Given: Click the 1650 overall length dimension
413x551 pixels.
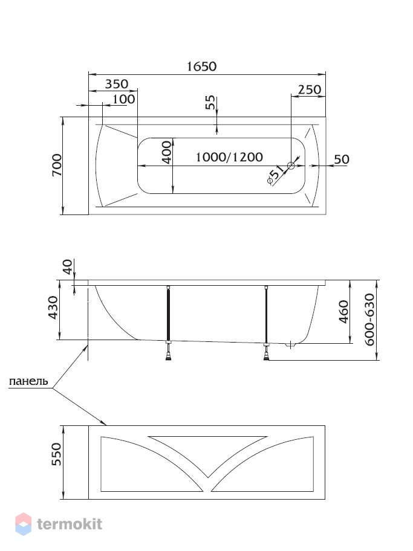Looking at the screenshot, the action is tap(201, 66).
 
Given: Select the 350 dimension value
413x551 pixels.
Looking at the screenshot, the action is tap(117, 84).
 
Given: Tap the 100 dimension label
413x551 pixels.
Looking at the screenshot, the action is tap(123, 99).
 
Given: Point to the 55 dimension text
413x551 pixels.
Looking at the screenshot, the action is tap(210, 103).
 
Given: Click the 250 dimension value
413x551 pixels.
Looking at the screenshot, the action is tap(310, 89).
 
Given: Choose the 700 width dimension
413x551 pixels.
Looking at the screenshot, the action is tap(57, 165).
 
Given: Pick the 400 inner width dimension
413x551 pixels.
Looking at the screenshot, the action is tap(167, 152).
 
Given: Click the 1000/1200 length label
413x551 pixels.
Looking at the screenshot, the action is tap(229, 156).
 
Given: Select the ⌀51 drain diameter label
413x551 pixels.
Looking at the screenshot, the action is tap(276, 175).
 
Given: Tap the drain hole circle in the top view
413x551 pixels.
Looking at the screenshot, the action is tap(291, 166).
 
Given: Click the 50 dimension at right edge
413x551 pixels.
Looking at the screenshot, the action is tap(342, 159).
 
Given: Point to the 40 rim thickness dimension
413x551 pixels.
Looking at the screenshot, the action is tap(67, 266).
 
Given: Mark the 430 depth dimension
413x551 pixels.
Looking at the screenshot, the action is tap(53, 308).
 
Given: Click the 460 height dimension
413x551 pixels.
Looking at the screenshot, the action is tap(343, 312).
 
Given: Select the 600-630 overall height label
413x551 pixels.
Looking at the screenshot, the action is tap(369, 320).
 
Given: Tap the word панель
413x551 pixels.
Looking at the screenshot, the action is tap(28, 381).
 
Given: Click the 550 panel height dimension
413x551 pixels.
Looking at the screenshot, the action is tap(56, 454).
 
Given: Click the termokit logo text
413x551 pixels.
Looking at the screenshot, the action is tap(70, 524).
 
